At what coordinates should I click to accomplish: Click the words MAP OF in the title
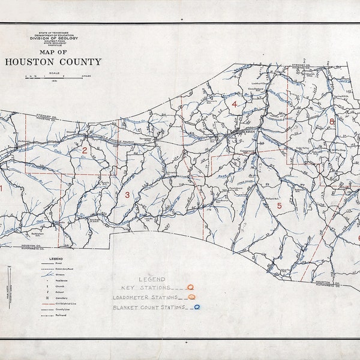(x=53, y=51)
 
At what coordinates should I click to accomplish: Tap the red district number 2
(x=85, y=151)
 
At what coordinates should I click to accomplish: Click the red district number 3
(x=127, y=194)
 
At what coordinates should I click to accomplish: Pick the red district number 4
(x=235, y=104)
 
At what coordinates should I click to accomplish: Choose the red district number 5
(x=278, y=206)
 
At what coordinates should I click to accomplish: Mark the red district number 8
(x=331, y=122)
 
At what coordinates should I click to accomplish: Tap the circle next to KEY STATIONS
(x=190, y=287)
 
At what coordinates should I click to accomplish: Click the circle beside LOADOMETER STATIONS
(x=191, y=297)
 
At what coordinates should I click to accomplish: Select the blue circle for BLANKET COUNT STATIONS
(x=196, y=307)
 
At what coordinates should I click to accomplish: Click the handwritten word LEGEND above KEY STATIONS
(x=152, y=279)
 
